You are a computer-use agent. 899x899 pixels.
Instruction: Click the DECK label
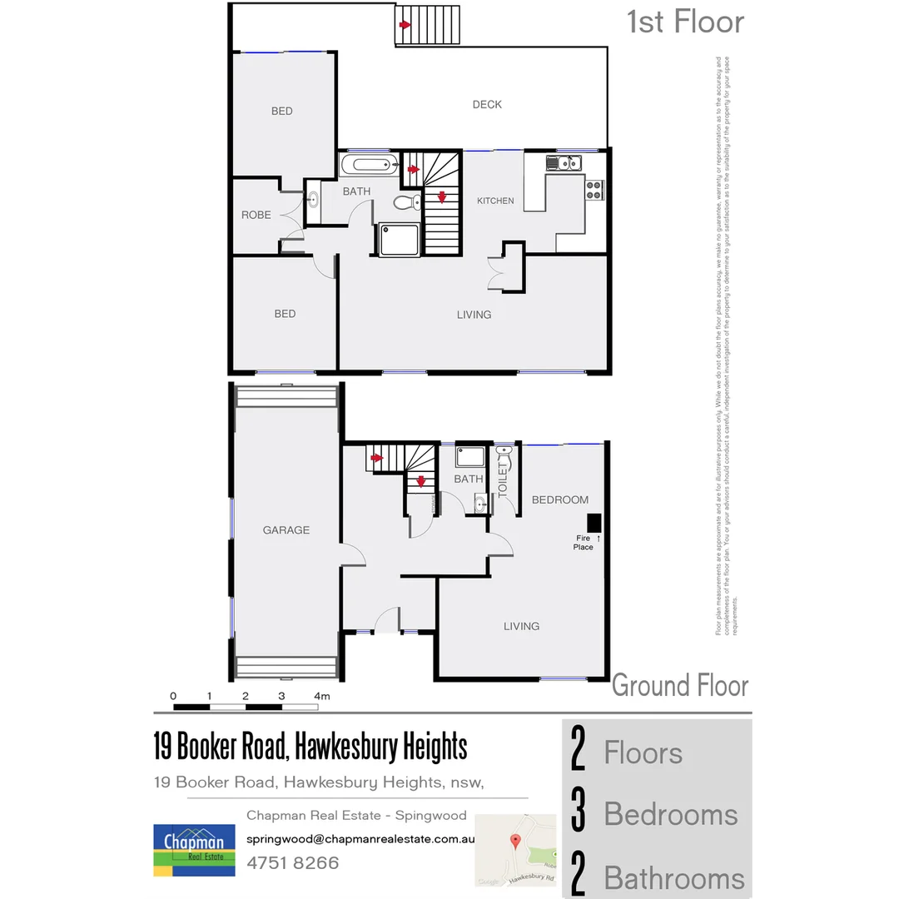[x=487, y=105]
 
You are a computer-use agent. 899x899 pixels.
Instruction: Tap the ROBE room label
[x=256, y=215]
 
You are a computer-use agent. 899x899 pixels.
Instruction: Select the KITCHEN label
[x=495, y=201]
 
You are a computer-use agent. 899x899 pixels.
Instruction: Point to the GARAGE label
[x=286, y=530]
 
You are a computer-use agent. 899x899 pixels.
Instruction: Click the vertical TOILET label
[x=503, y=480]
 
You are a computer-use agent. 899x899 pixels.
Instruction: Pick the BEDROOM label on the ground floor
[x=560, y=500]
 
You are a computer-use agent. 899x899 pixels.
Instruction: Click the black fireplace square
[x=594, y=523]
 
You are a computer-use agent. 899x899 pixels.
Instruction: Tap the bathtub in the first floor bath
[x=370, y=164]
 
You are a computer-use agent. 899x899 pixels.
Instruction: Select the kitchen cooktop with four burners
[x=594, y=190]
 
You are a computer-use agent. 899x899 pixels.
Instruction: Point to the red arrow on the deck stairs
[x=405, y=25]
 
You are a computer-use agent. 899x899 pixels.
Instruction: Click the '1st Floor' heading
[x=685, y=22]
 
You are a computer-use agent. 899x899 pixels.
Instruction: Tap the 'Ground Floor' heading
[x=680, y=686]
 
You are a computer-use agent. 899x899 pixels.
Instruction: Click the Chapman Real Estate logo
[x=193, y=849]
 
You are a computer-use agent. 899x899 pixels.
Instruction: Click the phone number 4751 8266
[x=293, y=863]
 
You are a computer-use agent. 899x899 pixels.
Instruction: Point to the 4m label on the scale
[x=322, y=696]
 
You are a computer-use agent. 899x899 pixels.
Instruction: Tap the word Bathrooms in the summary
[x=674, y=878]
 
